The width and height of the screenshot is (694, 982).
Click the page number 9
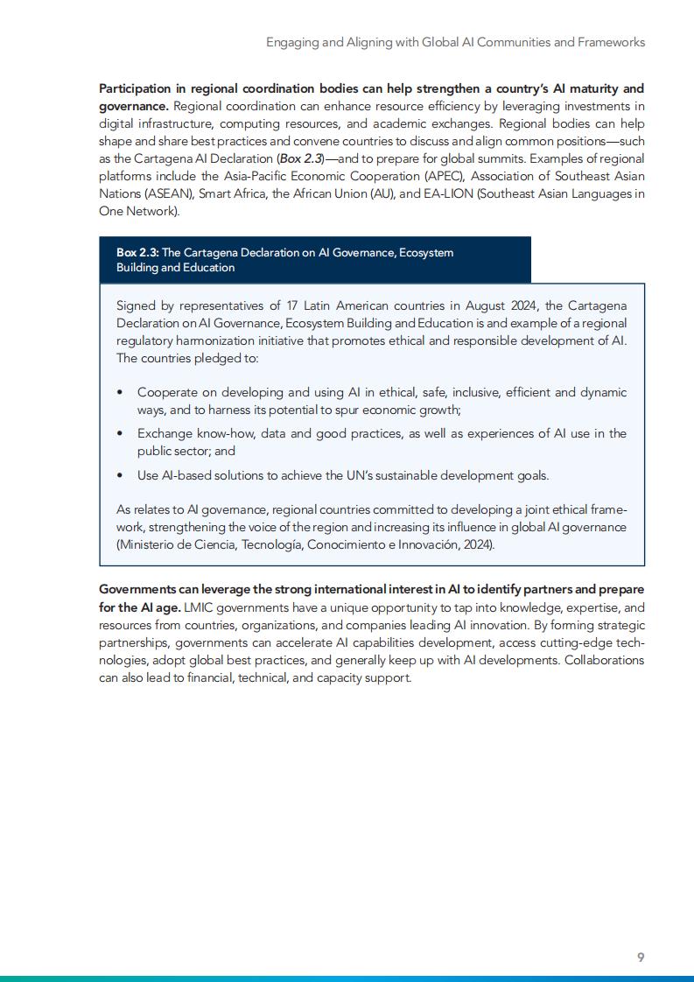641,957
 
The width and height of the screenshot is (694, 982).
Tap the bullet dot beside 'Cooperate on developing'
120,392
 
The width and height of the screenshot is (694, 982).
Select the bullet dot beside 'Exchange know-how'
120,434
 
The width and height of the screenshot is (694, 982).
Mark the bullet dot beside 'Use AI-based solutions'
120,476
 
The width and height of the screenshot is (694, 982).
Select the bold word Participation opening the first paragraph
138,88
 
